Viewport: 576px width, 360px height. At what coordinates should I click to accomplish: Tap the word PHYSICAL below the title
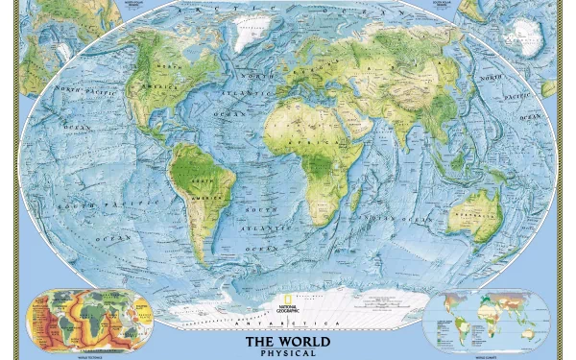point(288,353)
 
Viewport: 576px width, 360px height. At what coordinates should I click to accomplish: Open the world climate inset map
point(487,319)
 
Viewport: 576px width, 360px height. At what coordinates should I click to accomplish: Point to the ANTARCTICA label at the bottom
point(288,326)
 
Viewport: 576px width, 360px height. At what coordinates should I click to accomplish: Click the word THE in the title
point(259,341)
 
